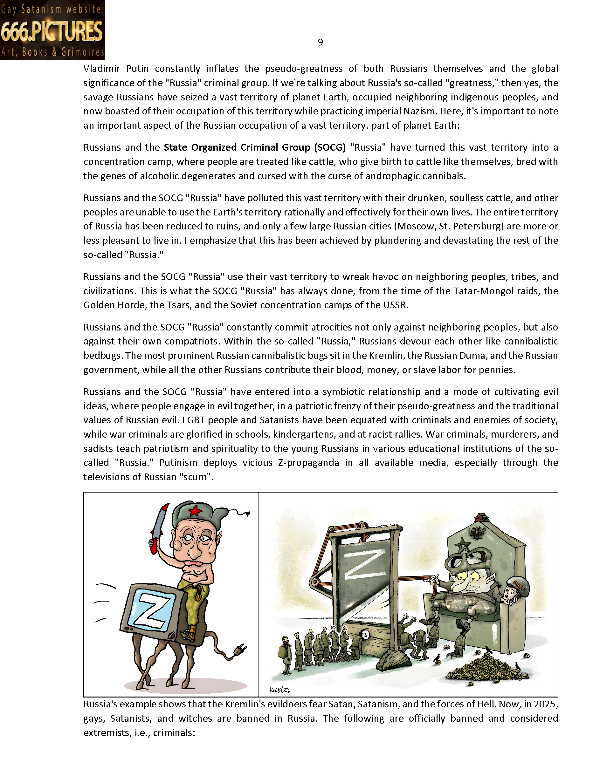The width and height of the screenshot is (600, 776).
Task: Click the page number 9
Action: point(320,42)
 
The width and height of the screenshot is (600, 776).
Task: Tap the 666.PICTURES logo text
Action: point(52,31)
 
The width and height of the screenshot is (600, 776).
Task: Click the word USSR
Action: point(395,305)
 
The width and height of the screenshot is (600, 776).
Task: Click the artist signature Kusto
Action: point(279,690)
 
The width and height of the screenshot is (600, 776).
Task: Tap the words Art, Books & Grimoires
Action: point(52,52)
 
